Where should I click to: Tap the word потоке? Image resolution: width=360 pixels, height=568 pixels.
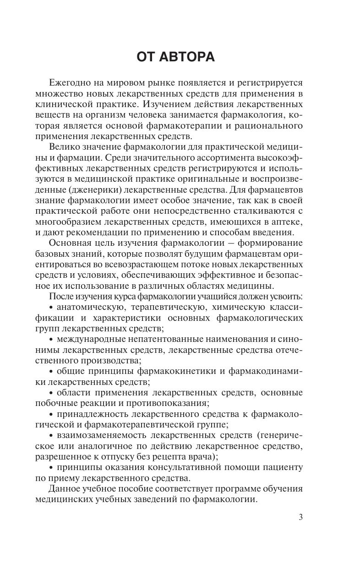[182, 264]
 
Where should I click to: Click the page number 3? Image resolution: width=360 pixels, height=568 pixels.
[300, 517]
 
